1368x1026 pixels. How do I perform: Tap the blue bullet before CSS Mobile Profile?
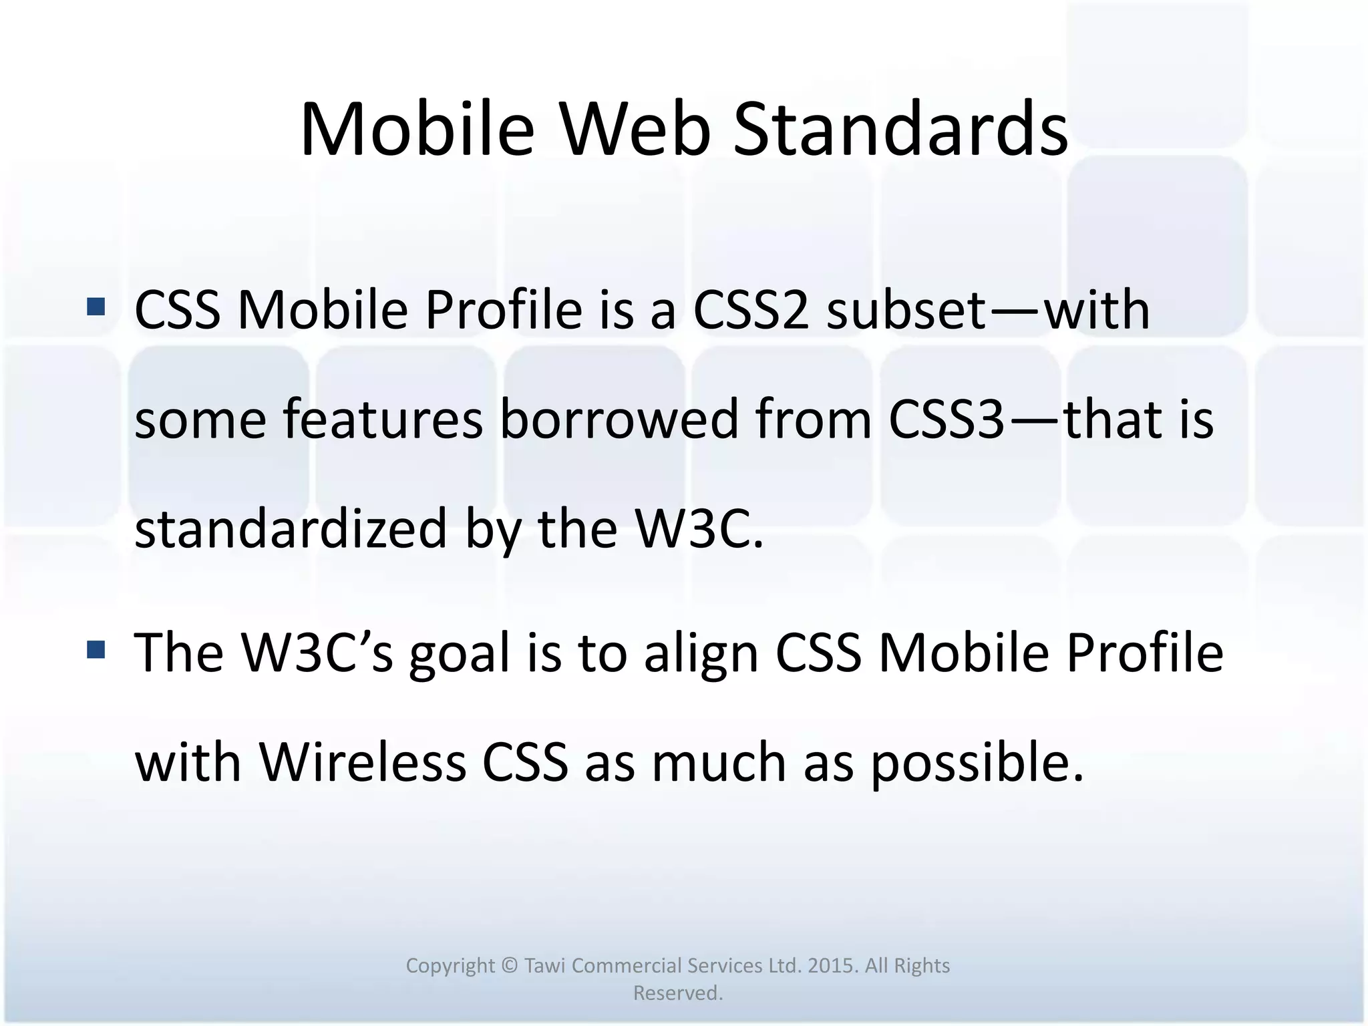(x=96, y=307)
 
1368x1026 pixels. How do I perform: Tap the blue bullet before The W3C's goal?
(x=96, y=649)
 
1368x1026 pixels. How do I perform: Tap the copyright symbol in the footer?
(x=509, y=966)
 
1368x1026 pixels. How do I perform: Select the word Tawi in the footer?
(x=545, y=966)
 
